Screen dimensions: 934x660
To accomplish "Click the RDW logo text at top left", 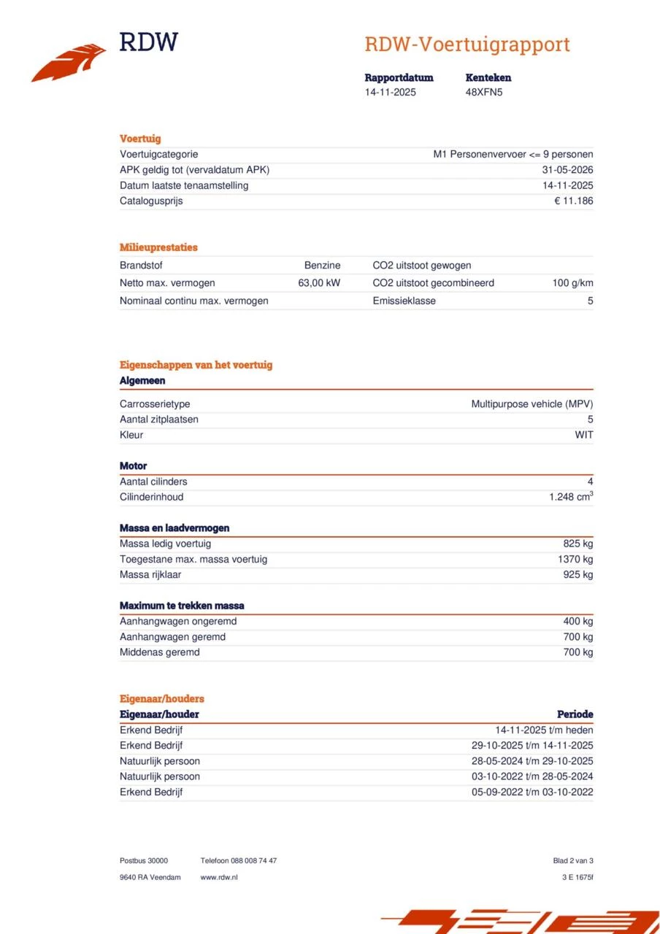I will tap(148, 42).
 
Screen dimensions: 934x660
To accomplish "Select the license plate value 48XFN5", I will tap(484, 92).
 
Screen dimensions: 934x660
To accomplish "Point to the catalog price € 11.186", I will tap(573, 201).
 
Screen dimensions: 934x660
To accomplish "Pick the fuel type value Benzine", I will tap(322, 266).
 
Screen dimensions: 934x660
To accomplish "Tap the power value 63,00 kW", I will tap(319, 282).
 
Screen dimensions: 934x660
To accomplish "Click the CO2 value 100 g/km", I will tap(572, 282).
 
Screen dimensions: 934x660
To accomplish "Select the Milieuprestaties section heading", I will tap(158, 247).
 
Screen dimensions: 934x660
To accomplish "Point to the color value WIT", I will tap(584, 435).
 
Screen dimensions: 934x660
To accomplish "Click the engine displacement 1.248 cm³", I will tap(571, 497).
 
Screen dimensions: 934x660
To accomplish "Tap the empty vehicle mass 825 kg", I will tap(577, 544).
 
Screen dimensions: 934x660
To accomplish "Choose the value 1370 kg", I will tap(575, 559).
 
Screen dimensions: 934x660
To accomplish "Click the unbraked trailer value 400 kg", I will tap(577, 621).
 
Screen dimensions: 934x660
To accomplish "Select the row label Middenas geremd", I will tap(159, 652).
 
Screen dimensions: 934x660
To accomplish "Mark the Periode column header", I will tap(575, 714).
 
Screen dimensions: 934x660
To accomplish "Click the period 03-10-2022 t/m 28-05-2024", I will tap(532, 776).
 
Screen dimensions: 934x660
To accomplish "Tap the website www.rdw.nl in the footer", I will tap(219, 877).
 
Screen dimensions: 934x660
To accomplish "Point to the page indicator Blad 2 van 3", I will tap(573, 861).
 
